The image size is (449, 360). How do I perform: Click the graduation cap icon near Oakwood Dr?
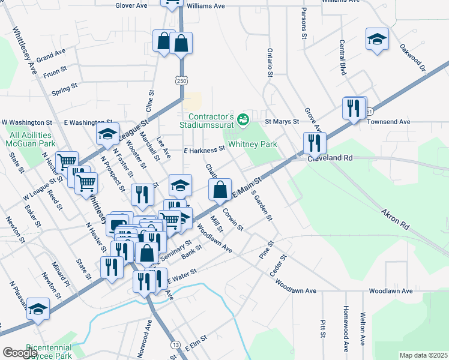[376, 40]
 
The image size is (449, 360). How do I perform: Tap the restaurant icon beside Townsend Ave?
[354, 108]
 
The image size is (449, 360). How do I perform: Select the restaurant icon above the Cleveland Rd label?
[315, 143]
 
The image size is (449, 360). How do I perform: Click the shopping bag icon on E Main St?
[221, 190]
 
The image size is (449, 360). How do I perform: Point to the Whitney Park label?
[253, 144]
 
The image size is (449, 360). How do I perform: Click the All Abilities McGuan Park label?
[32, 140]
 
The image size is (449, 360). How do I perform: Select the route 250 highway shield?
[181, 80]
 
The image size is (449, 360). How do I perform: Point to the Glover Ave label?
[131, 5]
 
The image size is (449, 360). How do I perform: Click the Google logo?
[20, 353]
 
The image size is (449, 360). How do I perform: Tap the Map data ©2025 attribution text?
[423, 355]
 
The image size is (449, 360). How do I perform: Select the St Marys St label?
[282, 121]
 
